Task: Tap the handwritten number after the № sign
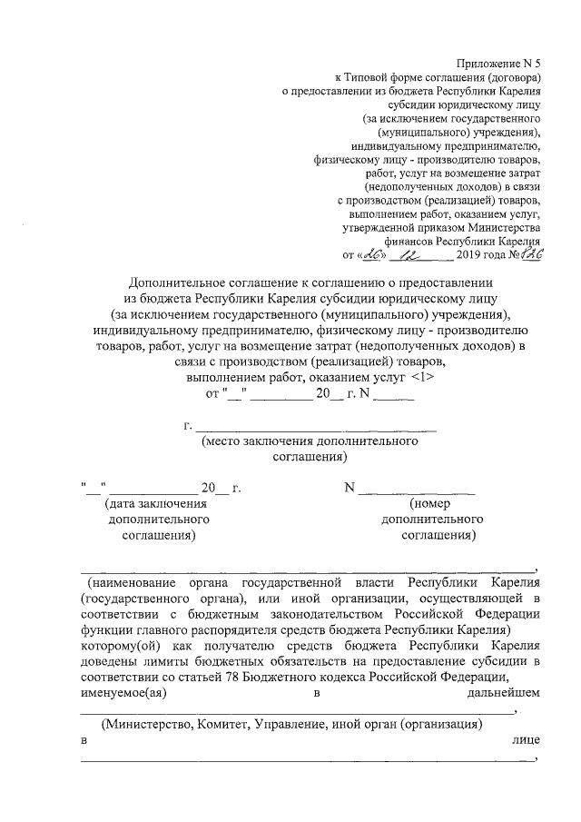[x=527, y=256]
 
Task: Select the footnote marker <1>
[x=403, y=376]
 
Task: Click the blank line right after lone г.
[x=317, y=425]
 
